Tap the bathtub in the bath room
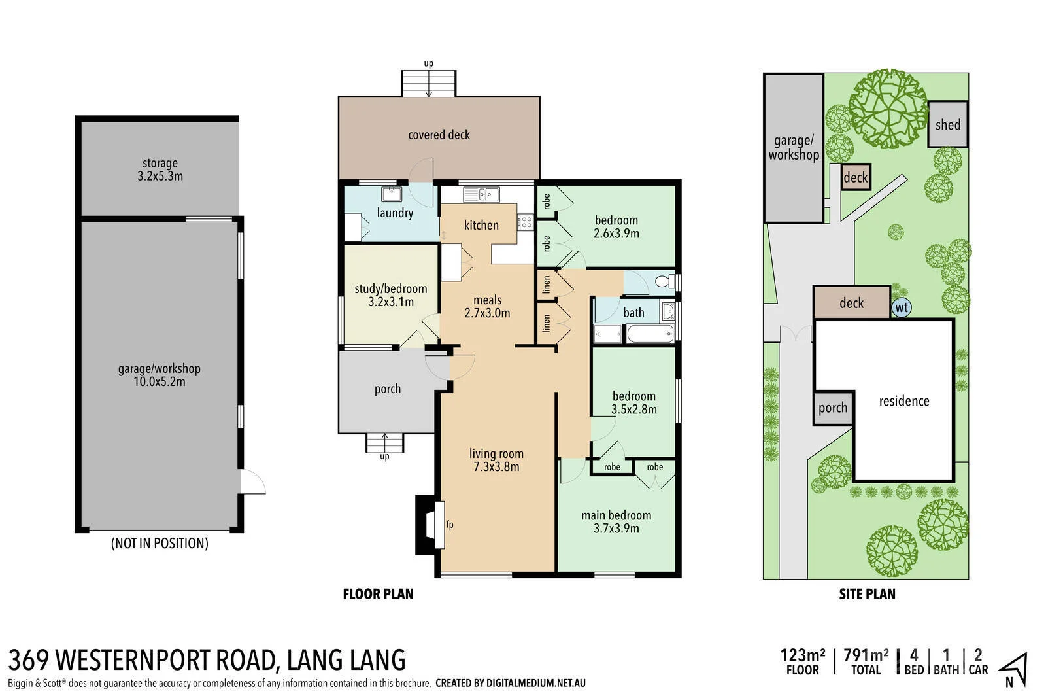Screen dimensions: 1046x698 tap(650, 334)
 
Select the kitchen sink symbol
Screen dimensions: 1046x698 tap(481, 194)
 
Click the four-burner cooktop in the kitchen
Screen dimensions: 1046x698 tap(526, 222)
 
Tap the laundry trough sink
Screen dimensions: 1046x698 tap(392, 194)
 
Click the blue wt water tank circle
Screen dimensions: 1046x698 tap(902, 307)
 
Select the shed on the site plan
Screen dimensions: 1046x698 tap(947, 124)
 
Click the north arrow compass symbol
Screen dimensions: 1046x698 tap(1014, 669)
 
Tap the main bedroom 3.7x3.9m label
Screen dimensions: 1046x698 tap(616, 521)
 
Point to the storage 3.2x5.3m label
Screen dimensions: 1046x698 tap(160, 169)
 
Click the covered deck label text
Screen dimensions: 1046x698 tap(439, 135)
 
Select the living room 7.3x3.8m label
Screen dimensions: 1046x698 tap(496, 460)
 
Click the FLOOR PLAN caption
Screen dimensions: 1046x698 tap(379, 594)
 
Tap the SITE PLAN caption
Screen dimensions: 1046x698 tap(867, 594)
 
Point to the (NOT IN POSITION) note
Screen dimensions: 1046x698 tap(160, 543)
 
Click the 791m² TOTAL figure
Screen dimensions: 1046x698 tap(866, 661)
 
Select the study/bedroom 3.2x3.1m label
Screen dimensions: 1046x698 tap(391, 295)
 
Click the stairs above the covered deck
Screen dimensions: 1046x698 tap(429, 84)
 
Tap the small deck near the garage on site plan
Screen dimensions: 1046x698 tap(856, 177)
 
